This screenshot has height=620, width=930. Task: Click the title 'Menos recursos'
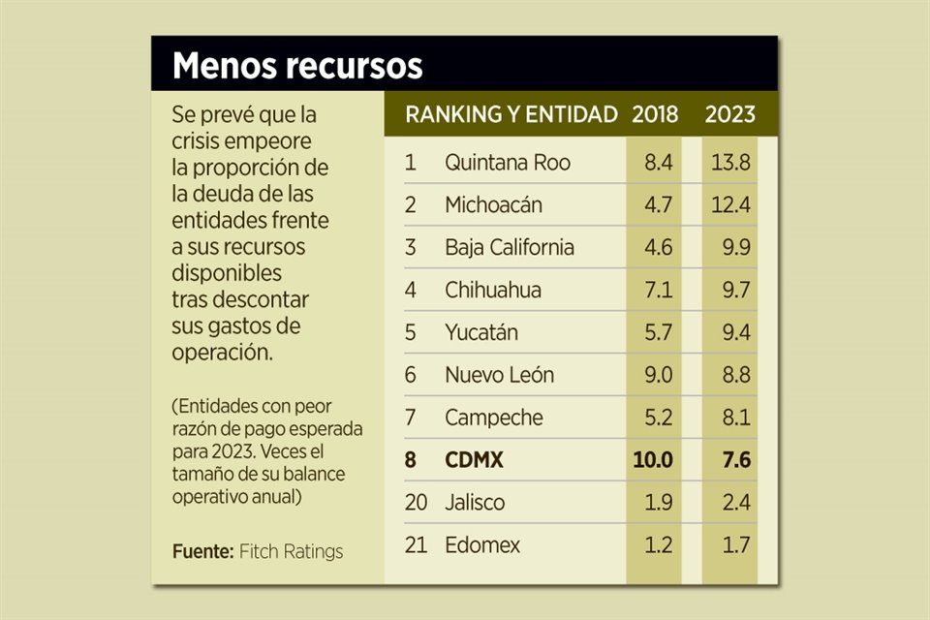coord(297,66)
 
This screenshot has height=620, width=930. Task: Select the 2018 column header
coord(656,114)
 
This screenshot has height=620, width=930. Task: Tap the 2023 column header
coord(729,114)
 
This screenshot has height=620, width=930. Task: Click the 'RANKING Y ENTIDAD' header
coord(511,114)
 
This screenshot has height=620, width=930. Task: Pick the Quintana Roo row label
coord(507,163)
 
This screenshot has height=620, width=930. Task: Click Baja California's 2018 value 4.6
coord(659,247)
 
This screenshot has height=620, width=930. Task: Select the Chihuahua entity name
coord(493,290)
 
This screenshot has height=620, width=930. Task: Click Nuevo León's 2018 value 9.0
coord(658,375)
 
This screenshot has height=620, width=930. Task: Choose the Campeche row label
coord(493,418)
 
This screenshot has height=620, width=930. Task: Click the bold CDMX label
coord(475,460)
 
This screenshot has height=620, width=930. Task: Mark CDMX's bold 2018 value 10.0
coord(653,460)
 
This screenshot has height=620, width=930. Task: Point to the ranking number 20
coord(416,503)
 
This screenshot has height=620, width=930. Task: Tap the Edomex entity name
coord(482,545)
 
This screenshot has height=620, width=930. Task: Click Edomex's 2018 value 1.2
coord(659,545)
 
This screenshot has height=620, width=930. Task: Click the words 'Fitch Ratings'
coord(292,552)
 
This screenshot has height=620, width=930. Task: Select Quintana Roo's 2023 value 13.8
coord(729,163)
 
